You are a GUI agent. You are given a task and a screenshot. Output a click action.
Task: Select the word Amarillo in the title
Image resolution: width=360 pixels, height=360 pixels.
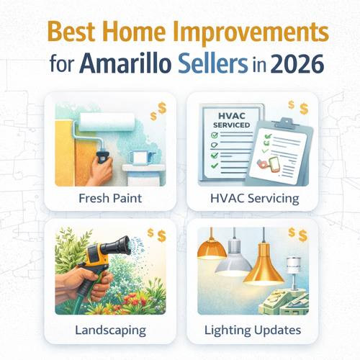[x=134, y=63]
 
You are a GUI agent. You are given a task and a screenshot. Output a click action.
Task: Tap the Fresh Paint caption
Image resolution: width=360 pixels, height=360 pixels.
[x=109, y=196]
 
